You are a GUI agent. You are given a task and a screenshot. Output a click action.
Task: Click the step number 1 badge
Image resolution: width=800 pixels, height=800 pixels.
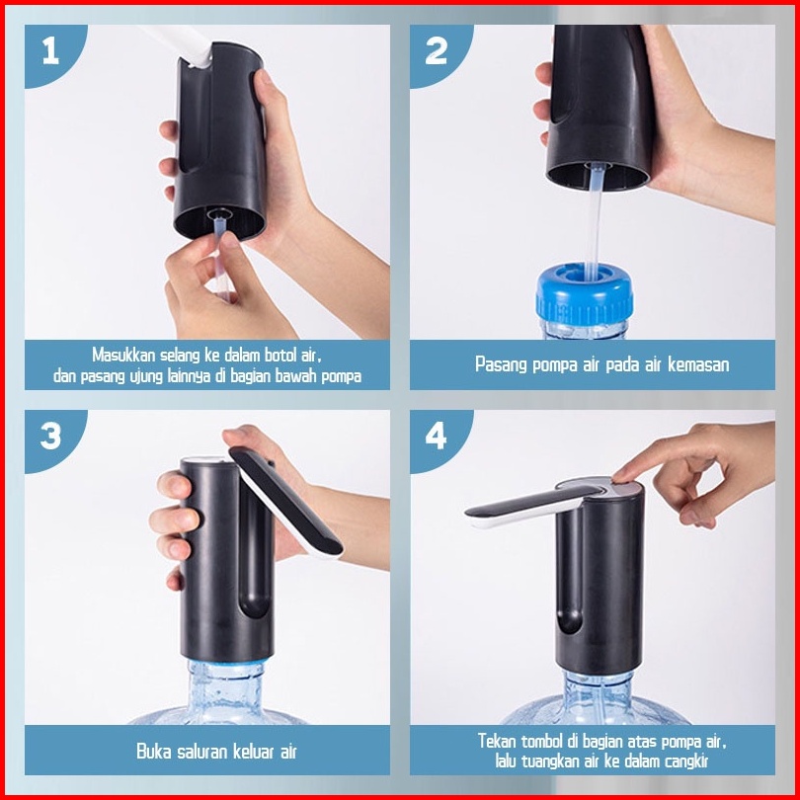click(x=51, y=53)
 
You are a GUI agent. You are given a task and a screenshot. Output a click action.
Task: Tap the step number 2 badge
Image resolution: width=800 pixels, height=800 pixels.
click(x=437, y=53)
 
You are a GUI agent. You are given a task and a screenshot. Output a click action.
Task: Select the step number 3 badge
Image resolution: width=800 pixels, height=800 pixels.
click(x=51, y=438)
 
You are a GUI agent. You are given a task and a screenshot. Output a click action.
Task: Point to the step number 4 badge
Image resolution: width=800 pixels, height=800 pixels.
click(x=437, y=438)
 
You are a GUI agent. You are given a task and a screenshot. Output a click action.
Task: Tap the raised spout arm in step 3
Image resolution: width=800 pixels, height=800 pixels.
click(x=285, y=502)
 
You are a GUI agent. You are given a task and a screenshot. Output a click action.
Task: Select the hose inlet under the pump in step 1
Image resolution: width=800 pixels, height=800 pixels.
click(x=219, y=215)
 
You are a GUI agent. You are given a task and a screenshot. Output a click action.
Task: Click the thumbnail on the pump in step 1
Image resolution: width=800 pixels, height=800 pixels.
click(x=264, y=78)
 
